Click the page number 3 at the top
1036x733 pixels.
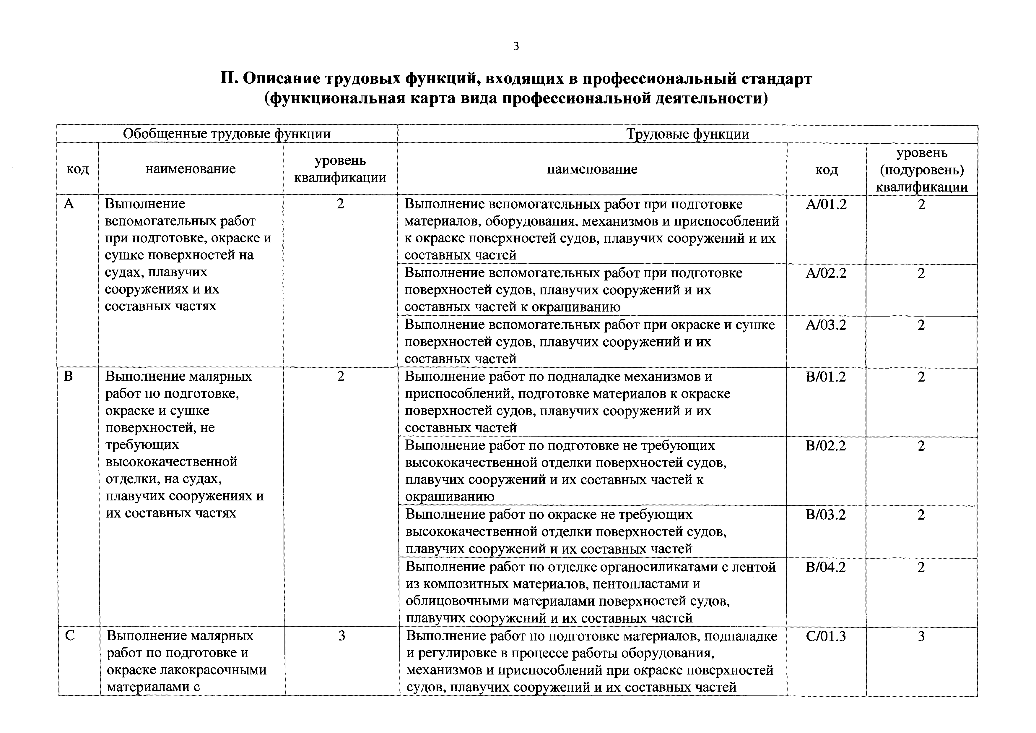coord(516,46)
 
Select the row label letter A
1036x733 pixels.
coord(69,204)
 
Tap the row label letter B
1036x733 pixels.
coord(69,377)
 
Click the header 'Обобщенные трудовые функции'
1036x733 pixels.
coord(227,134)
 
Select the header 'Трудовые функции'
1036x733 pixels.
coord(688,134)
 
